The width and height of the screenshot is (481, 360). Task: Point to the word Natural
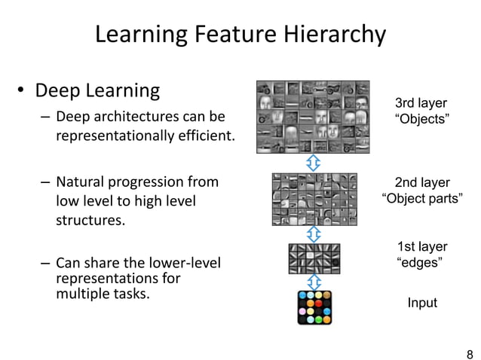(x=87, y=182)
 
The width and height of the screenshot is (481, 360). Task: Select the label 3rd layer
(x=421, y=103)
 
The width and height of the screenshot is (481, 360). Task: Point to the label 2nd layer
(x=422, y=182)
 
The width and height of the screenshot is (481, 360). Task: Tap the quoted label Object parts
(x=422, y=199)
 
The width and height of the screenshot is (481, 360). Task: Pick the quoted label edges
(x=419, y=262)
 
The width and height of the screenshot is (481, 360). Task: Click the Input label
(x=422, y=303)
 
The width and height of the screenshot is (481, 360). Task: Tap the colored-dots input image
(x=315, y=307)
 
